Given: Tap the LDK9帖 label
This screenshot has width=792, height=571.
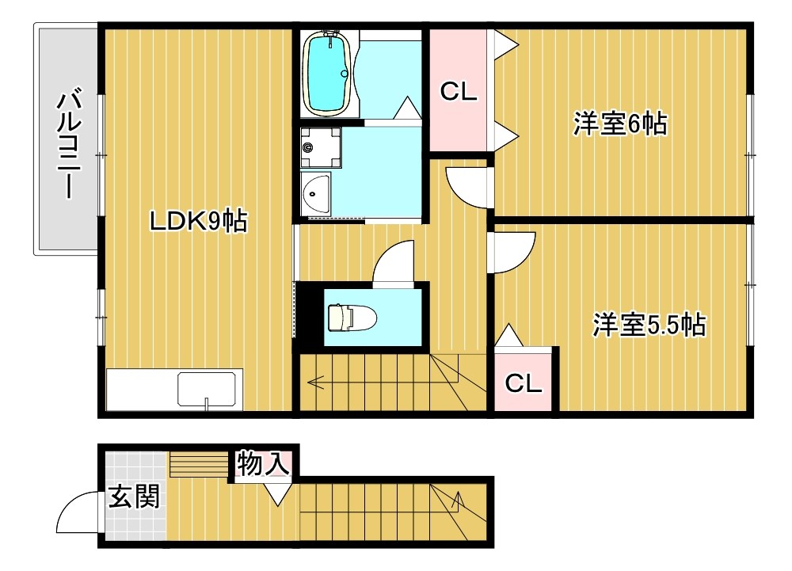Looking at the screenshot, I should [199, 221].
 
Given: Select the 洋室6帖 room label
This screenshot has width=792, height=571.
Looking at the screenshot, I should [620, 124].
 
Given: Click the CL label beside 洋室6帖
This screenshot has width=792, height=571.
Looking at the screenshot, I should [459, 93].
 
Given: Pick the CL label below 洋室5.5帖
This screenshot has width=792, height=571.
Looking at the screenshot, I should [524, 384].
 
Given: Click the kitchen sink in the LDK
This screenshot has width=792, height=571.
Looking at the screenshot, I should [208, 390].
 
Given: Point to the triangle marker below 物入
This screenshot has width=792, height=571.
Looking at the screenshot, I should [276, 496].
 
